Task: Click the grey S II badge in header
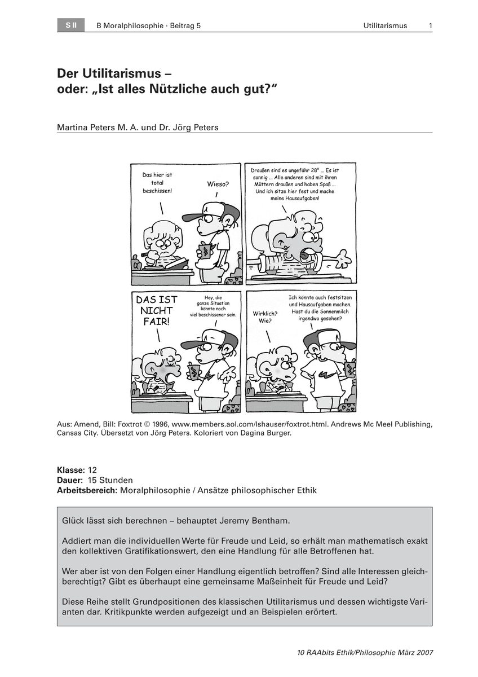pos(70,25)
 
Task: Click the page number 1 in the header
pos(430,25)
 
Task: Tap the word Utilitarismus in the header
pos(385,25)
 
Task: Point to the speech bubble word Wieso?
pos(218,184)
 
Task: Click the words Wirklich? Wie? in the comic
pos(265,316)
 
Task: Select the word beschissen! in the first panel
pos(157,191)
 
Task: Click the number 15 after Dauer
pos(94,480)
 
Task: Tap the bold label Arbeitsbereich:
pos(87,490)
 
